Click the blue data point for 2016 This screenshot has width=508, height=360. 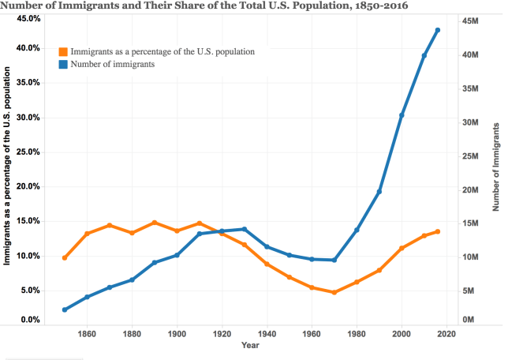pos(438,30)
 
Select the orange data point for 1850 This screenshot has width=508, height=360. pos(65,258)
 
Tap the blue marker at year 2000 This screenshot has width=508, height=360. pos(402,115)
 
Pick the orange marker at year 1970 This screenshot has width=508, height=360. pos(334,292)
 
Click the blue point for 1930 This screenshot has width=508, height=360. pos(245,229)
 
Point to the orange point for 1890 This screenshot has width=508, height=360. pos(155,223)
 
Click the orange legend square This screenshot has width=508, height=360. pos(63,51)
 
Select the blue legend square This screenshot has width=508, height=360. pos(63,64)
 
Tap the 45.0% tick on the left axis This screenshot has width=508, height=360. pos(29,18)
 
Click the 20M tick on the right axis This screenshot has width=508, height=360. pos(470,190)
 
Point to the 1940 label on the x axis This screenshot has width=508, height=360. pos(267,334)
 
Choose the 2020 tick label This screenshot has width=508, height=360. pos(446,334)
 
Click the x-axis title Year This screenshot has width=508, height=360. pos(250,345)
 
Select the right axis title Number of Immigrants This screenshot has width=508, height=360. pos(496,167)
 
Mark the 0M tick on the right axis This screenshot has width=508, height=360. pos(468,320)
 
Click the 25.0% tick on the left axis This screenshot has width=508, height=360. pos(28,152)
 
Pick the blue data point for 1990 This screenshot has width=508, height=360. pos(379,192)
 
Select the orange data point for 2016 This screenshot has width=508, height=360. pos(438,231)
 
